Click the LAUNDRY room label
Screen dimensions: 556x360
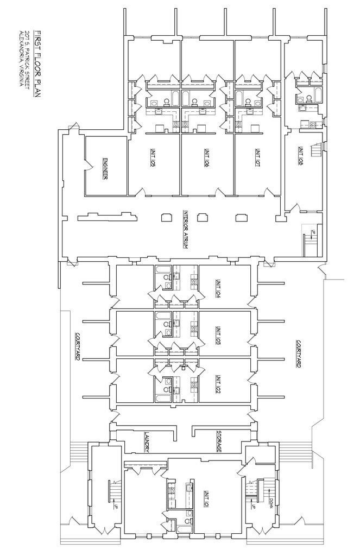(147, 442)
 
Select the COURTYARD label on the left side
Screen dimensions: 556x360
(78, 347)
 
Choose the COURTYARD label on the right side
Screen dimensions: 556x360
(298, 354)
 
